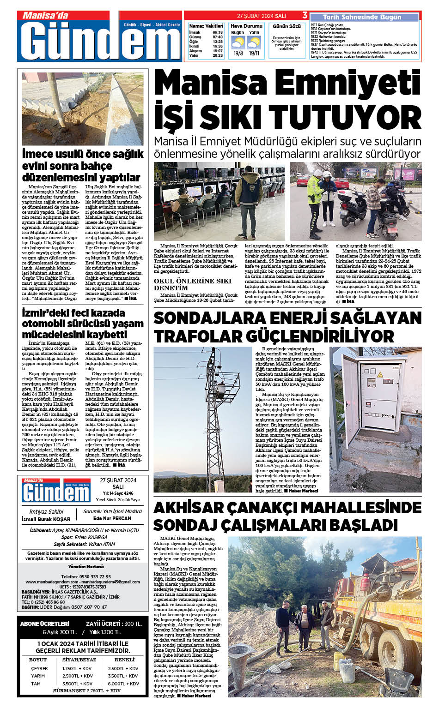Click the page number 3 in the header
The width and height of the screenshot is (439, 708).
click(305, 16)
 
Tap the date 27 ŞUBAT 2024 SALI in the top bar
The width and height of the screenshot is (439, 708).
click(262, 16)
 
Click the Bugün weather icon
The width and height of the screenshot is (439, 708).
click(238, 43)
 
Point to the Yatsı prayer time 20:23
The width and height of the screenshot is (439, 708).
click(218, 55)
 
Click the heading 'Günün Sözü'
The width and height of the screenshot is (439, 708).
click(287, 26)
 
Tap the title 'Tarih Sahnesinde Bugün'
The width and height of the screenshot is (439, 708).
click(362, 17)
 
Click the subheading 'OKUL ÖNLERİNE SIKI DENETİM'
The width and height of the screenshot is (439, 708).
click(193, 284)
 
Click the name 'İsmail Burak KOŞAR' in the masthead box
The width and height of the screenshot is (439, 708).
click(46, 519)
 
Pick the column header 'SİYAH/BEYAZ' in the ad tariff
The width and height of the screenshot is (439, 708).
click(79, 660)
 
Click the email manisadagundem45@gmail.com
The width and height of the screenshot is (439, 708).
click(110, 582)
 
